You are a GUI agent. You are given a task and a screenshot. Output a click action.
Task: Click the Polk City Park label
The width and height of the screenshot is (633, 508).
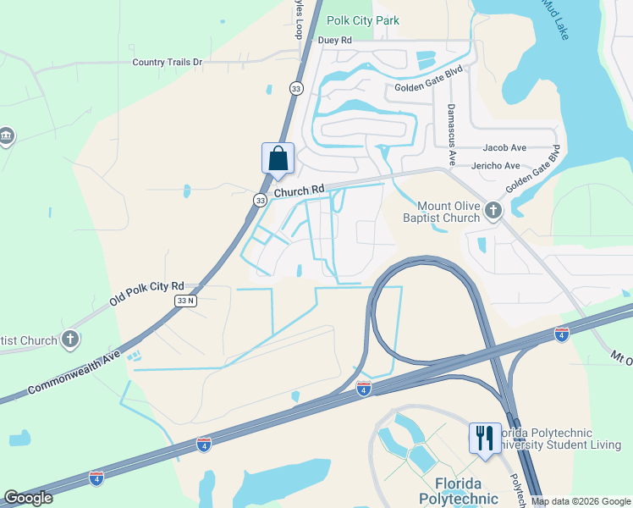363,20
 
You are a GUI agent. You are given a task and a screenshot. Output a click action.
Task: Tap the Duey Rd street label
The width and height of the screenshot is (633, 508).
334,40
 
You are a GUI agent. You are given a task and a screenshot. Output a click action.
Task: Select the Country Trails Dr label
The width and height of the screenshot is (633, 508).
168,62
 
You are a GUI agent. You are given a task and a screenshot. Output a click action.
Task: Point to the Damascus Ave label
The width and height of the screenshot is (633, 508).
451,135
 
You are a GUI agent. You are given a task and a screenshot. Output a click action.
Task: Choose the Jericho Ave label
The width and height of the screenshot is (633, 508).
496,165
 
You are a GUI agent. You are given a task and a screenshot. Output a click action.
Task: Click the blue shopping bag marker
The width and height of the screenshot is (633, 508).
278,158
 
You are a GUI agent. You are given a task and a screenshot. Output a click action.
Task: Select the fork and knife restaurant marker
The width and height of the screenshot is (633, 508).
485,439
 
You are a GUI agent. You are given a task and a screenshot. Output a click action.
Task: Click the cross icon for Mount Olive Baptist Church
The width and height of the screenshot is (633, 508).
493,209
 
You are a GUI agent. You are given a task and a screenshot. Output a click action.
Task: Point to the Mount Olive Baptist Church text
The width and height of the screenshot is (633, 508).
449,212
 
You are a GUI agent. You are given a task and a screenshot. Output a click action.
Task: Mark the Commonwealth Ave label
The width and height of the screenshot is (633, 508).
74,371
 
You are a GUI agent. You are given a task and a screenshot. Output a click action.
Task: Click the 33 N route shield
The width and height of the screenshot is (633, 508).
185,301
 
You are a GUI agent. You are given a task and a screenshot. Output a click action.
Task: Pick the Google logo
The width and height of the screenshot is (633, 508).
28,498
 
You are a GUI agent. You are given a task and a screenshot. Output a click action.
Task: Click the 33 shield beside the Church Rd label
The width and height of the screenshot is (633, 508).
260,200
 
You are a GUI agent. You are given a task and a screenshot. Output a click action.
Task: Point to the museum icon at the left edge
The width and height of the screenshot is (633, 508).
6,136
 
